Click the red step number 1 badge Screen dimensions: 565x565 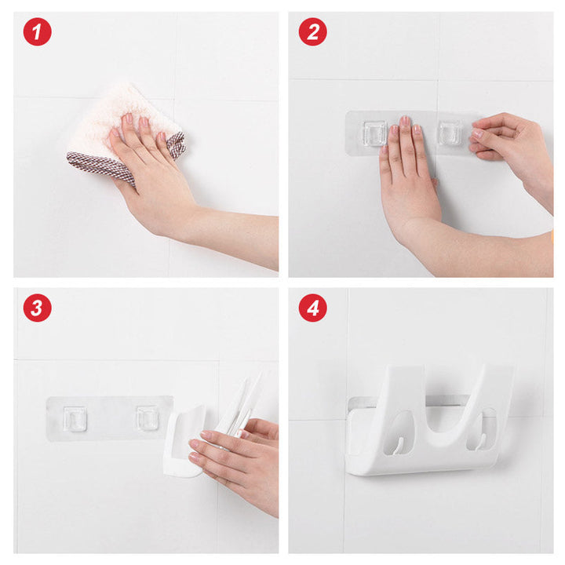37,32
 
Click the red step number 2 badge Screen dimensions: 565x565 312,32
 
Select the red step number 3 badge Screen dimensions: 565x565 37,308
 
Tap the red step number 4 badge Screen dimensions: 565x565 312,308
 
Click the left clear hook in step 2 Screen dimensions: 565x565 374,133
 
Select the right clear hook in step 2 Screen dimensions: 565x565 450,133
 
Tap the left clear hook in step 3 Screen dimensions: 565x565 75,418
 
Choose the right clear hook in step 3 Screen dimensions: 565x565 147,417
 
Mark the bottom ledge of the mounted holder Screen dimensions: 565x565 424,465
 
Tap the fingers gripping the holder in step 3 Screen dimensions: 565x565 224,451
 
